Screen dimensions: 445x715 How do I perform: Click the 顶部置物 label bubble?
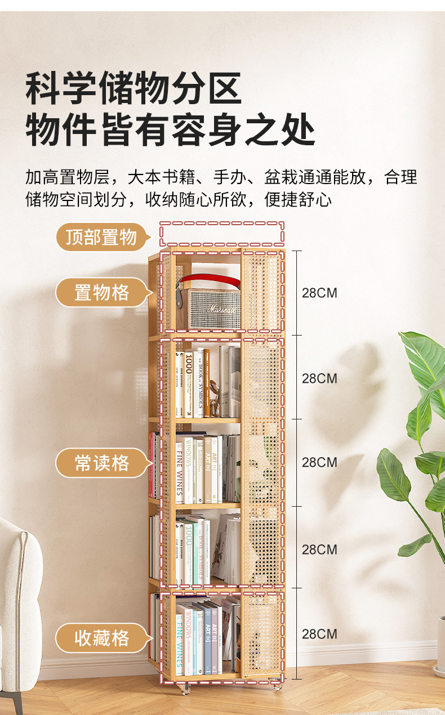click(101, 237)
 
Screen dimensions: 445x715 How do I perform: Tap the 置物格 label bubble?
click(102, 293)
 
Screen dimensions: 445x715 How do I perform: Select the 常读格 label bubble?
click(102, 463)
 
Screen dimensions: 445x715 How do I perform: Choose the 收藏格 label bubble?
click(102, 638)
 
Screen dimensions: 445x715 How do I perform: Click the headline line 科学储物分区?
click(133, 88)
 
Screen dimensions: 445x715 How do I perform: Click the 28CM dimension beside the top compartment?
click(319, 293)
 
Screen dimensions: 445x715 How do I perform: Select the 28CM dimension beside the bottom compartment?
click(319, 634)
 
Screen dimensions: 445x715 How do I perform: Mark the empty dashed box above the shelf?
click(221, 233)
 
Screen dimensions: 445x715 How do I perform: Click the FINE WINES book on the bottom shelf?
click(180, 642)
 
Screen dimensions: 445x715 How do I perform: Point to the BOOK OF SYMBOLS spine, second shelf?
click(200, 383)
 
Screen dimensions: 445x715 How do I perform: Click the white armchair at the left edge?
click(19, 608)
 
